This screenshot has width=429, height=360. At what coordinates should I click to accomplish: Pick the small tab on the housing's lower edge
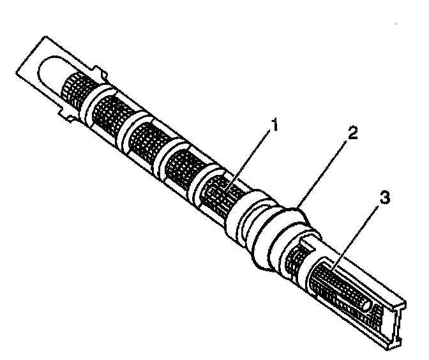(x=64, y=114)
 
